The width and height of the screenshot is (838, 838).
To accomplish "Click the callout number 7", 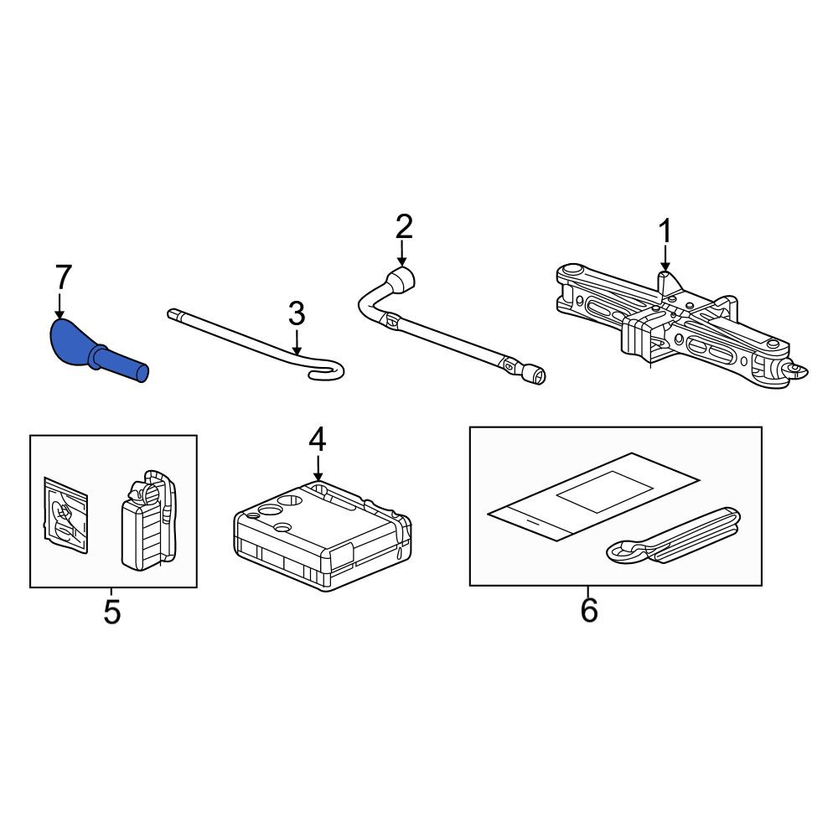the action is (63, 277).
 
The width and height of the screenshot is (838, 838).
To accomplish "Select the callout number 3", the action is (297, 313).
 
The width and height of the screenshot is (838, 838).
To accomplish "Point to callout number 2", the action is (404, 226).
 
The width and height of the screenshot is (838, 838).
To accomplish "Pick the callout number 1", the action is (665, 231).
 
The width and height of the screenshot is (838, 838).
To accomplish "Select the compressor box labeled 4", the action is (323, 535).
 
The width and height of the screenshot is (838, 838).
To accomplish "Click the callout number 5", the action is (111, 612).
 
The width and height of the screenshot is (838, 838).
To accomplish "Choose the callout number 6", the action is (589, 610).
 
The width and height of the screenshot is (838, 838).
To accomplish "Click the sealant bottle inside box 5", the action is (148, 520).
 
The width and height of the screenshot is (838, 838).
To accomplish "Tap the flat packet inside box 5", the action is (65, 515).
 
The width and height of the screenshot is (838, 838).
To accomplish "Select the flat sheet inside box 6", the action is (593, 496).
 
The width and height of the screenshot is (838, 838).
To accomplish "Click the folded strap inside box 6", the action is (675, 536).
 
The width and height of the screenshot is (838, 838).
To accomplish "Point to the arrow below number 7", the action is (59, 306).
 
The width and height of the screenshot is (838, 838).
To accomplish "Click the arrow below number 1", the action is (665, 258).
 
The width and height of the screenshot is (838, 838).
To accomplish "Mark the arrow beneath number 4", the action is (318, 468).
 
